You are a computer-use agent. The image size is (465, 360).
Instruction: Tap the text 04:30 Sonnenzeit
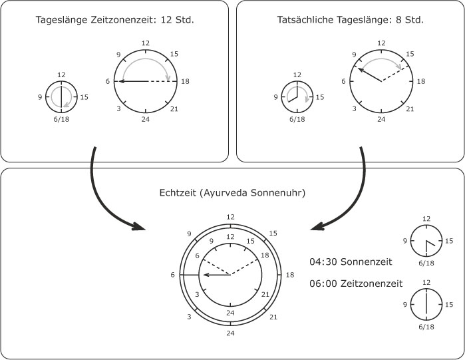point(351,262)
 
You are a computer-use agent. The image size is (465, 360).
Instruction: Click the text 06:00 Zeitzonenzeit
point(356,283)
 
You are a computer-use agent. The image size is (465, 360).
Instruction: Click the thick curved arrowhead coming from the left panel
point(138,226)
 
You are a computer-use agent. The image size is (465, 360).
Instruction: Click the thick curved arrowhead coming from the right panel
point(317,226)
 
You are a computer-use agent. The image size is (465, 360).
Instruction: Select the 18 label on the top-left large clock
point(185,81)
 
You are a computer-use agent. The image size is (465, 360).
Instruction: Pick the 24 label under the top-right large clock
point(381,119)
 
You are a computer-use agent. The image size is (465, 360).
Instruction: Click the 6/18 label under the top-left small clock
point(61,119)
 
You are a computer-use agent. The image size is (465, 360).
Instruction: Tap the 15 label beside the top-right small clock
point(320,97)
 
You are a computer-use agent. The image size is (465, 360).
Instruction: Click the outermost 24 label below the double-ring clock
point(230,333)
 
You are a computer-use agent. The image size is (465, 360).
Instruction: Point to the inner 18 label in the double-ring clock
point(265,255)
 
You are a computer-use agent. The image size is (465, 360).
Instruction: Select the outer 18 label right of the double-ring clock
point(290,275)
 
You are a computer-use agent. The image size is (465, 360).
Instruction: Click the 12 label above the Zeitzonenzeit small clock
point(426,282)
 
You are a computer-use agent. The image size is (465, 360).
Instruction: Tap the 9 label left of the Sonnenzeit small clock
point(405,241)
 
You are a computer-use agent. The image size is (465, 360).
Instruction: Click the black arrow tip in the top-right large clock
point(359,69)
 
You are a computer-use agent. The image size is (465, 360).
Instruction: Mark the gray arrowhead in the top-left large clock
point(168,78)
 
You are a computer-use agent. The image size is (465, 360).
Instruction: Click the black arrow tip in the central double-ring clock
point(204,275)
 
